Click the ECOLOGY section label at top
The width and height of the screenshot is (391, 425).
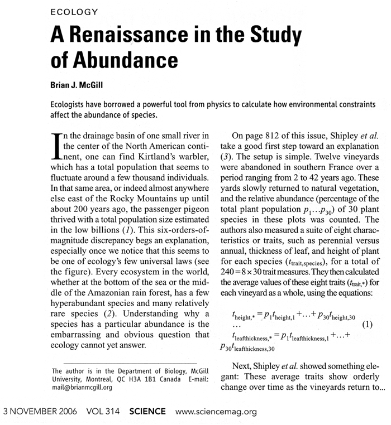(74, 11)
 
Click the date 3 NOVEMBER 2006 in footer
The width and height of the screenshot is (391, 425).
(40, 412)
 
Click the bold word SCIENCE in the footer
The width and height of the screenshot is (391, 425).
(147, 412)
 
